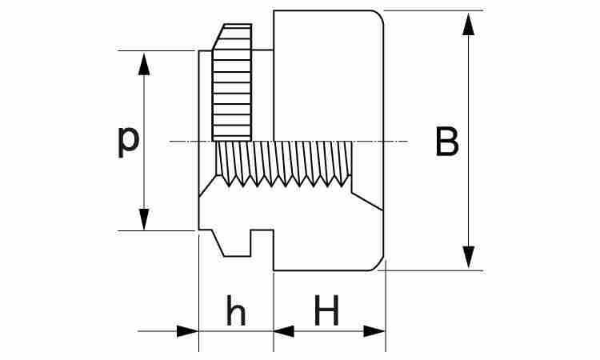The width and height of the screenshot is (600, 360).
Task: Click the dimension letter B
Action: (x=447, y=142)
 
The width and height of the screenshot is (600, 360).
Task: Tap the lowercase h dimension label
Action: (x=235, y=312)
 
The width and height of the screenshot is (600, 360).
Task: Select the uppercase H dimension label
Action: (x=326, y=311)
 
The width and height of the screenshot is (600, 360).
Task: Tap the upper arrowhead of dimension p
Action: (x=144, y=63)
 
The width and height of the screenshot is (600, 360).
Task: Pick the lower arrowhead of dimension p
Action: (x=144, y=219)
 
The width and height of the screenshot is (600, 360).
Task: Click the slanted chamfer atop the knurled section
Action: (x=232, y=37)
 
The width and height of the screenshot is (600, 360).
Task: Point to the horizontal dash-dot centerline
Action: (x=384, y=142)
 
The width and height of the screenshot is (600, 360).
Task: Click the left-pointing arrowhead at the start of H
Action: (x=284, y=330)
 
